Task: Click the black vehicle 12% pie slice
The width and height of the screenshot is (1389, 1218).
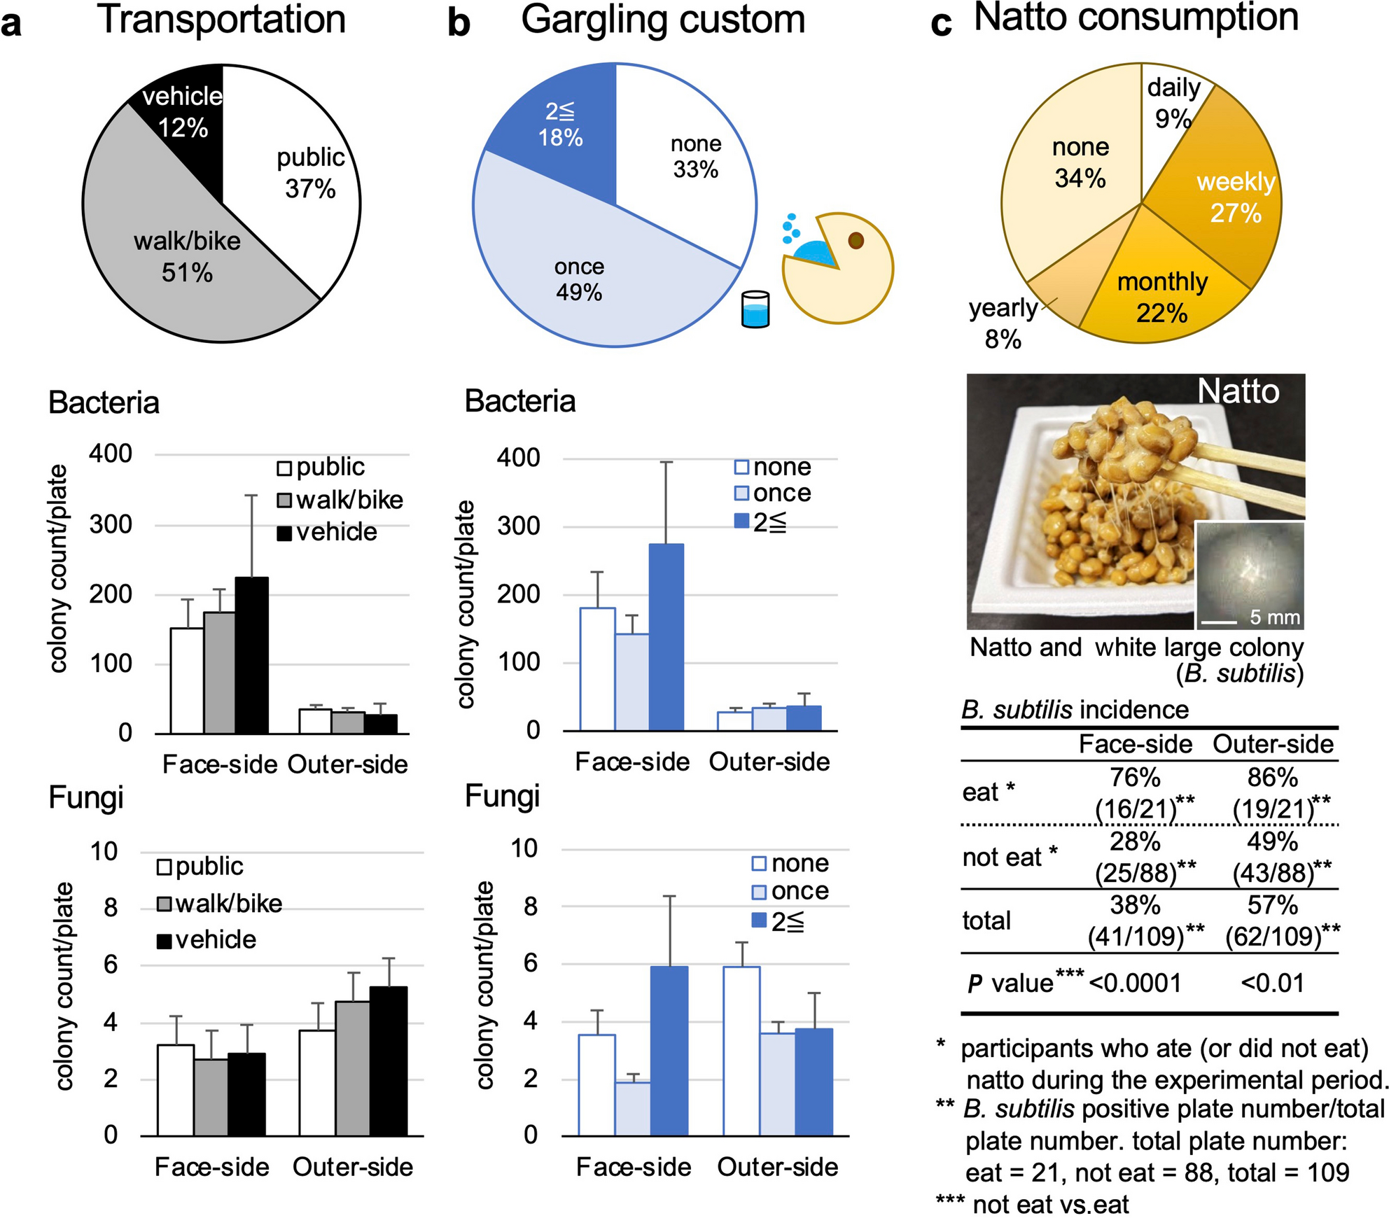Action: [x=181, y=112]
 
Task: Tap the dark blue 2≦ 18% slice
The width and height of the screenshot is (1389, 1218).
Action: [x=560, y=124]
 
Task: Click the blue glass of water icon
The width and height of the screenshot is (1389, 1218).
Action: [x=755, y=310]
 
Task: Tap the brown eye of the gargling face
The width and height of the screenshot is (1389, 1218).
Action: [x=856, y=241]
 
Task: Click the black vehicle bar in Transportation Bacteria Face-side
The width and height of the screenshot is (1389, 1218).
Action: [x=251, y=655]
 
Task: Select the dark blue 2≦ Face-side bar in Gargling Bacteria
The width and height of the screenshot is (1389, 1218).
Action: [x=666, y=637]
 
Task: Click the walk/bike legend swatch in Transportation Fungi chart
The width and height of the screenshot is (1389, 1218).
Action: [x=165, y=904]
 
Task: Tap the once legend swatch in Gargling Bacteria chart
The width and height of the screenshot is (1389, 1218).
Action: [x=741, y=493]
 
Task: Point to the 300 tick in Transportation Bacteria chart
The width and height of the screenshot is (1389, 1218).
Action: [x=111, y=524]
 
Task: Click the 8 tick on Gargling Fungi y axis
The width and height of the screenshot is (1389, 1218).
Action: [x=530, y=906]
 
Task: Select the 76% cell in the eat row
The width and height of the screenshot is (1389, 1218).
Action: [x=1135, y=778]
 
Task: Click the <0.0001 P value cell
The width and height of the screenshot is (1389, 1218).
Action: [x=1135, y=983]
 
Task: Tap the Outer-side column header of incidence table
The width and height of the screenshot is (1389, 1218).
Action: [x=1272, y=744]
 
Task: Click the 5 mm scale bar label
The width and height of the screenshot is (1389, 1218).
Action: [x=1275, y=617]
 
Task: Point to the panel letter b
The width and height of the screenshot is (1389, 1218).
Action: [x=458, y=22]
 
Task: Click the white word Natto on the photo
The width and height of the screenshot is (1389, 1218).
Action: [x=1238, y=391]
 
